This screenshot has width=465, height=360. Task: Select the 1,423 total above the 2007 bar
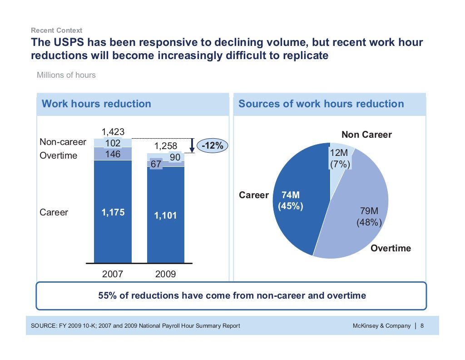[113, 132]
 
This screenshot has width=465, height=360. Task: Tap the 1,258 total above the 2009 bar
[166, 146]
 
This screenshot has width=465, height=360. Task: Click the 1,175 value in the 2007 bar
[113, 213]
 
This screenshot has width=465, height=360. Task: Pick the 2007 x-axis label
[113, 275]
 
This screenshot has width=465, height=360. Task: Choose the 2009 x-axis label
[166, 275]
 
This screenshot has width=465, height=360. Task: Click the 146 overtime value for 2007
[113, 154]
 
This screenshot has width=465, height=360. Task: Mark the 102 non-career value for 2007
[113, 143]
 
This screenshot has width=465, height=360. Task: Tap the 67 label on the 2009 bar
[156, 164]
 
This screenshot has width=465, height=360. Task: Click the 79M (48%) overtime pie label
[369, 217]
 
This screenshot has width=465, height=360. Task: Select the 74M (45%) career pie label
[290, 200]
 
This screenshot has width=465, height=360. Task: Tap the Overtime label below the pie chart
[391, 248]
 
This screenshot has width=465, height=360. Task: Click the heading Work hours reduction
[96, 104]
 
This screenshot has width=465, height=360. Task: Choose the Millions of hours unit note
[66, 75]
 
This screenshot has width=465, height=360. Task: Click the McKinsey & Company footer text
[381, 325]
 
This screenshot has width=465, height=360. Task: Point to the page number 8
[422, 325]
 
